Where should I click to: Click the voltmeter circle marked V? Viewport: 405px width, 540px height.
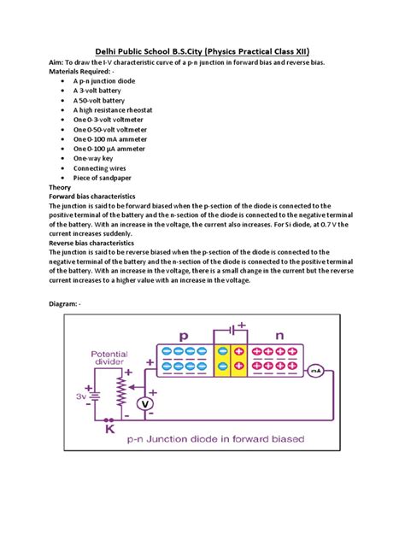click(146, 402)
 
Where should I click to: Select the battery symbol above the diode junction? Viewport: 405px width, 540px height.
click(230, 330)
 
